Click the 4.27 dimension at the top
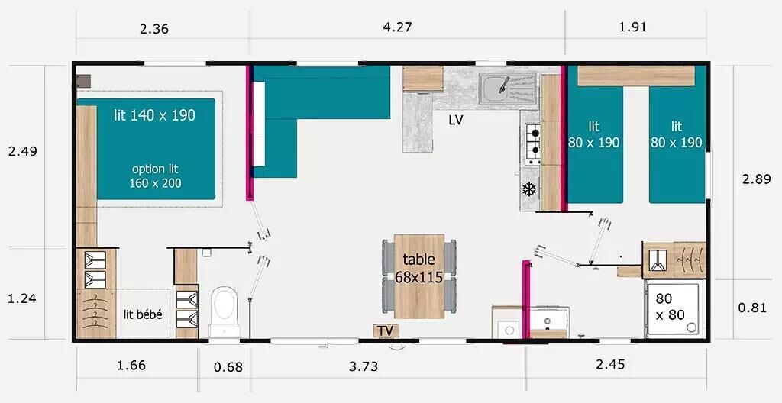(397, 27)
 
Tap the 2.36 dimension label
(154, 29)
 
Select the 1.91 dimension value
(632, 27)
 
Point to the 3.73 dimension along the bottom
(363, 366)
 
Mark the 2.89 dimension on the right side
(756, 179)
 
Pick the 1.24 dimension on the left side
(22, 298)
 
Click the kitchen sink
(508, 89)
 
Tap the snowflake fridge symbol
(528, 189)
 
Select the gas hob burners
(534, 141)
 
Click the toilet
(224, 311)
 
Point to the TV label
(385, 331)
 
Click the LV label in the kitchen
(455, 120)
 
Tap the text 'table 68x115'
(419, 268)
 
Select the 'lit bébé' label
(143, 315)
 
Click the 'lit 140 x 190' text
(154, 116)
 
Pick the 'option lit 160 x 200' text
(155, 176)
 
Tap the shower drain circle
(691, 327)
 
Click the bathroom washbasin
(548, 319)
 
